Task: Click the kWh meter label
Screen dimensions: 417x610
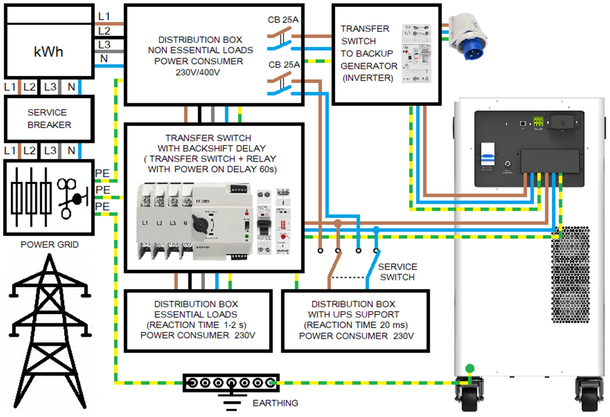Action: coord(49,52)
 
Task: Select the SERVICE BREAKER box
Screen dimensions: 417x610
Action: coord(49,119)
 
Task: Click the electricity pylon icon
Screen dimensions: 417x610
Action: coord(49,330)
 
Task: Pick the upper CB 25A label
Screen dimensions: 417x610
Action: coord(283,20)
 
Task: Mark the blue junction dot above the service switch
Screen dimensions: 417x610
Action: coord(376,230)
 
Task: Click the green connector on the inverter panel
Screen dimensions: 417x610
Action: coord(538,122)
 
